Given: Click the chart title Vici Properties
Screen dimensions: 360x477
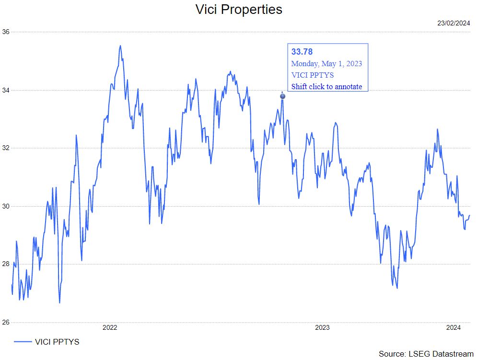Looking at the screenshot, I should [239, 10].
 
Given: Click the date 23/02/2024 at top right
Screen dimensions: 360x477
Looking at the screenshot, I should [454, 23].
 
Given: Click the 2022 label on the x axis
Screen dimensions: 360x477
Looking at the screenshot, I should [110, 328].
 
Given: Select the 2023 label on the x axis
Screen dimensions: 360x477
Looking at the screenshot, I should [322, 328].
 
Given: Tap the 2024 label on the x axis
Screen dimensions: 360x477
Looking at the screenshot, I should [453, 328].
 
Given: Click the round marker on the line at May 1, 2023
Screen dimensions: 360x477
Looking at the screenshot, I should [282, 96].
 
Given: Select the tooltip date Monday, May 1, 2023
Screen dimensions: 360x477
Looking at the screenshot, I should [326, 63].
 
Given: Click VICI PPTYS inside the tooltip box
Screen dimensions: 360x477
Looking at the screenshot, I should [313, 75].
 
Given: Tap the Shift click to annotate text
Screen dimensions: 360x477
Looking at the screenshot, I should [326, 86].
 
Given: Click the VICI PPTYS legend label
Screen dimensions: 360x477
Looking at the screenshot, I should [57, 342].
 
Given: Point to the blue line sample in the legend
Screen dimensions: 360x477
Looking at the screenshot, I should [23, 342].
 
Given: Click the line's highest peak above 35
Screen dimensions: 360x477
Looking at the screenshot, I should [120, 46].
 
